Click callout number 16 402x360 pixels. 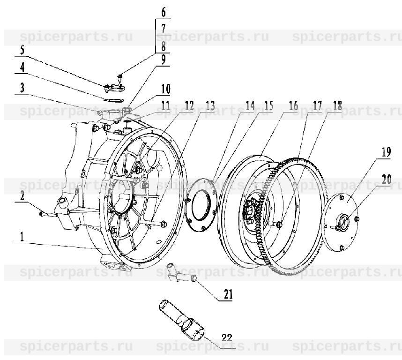tap(293, 106)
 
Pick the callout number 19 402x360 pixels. tap(386, 152)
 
